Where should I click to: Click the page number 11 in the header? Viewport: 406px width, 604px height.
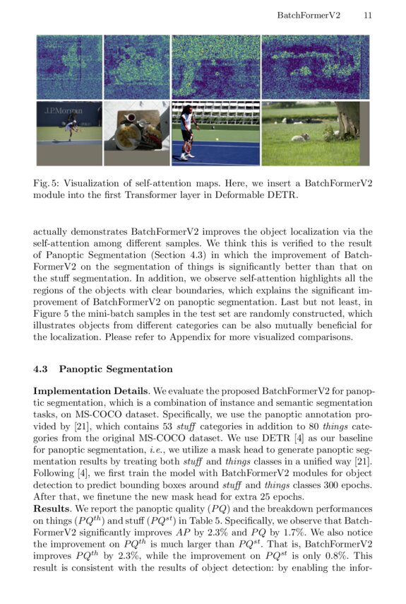click(368, 14)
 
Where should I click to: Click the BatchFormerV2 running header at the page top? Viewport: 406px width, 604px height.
click(309, 14)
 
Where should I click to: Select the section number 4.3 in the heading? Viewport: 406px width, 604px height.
click(41, 368)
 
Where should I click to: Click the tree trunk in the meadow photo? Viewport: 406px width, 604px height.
click(349, 120)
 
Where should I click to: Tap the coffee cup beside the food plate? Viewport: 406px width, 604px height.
click(131, 117)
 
